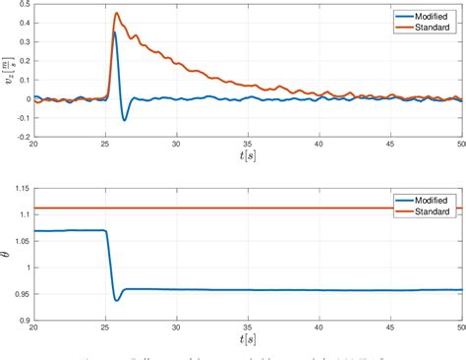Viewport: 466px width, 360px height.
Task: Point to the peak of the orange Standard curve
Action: click(116, 14)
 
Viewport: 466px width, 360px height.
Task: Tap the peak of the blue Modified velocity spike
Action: click(115, 32)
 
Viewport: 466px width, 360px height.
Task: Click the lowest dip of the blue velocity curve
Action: click(125, 119)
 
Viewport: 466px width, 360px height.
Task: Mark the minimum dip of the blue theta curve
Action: click(116, 299)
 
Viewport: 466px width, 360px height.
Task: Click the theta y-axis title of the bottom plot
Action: click(6, 254)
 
